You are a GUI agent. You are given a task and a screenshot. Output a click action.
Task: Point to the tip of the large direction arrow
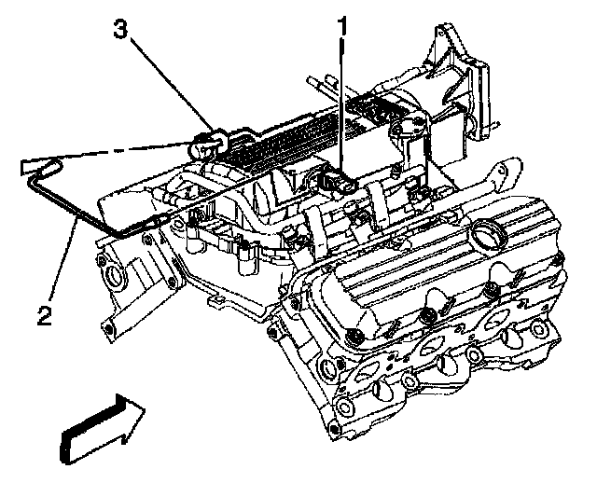coord(145,407)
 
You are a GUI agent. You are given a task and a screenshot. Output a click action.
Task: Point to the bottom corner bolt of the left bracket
coord(110,327)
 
